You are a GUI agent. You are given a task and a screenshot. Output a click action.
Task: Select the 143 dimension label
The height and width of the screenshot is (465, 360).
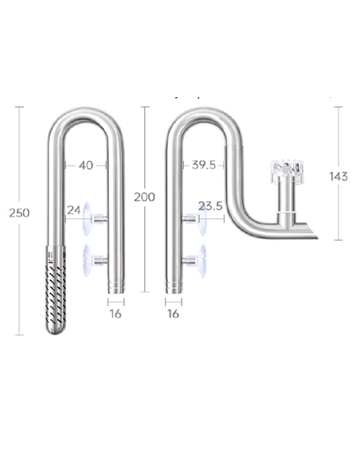tap(338, 177)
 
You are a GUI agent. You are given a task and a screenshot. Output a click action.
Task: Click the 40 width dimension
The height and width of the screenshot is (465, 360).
tap(85, 165)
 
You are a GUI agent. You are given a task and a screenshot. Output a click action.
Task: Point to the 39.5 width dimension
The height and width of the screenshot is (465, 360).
tap(204, 165)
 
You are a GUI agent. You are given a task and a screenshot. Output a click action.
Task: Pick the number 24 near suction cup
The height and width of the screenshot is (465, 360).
tap(73, 210)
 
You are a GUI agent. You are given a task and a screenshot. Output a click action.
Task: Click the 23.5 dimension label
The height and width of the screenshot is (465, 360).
tap(209, 206)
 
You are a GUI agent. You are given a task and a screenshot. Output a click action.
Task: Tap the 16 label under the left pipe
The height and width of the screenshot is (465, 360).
tap(115, 314)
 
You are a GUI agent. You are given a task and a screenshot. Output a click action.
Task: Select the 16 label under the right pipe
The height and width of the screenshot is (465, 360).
tap(174, 314)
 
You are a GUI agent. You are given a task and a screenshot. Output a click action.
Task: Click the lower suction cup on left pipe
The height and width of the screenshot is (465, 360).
tap(94, 259)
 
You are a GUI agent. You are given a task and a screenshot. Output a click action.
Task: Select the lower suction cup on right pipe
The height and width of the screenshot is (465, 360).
tap(199, 259)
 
